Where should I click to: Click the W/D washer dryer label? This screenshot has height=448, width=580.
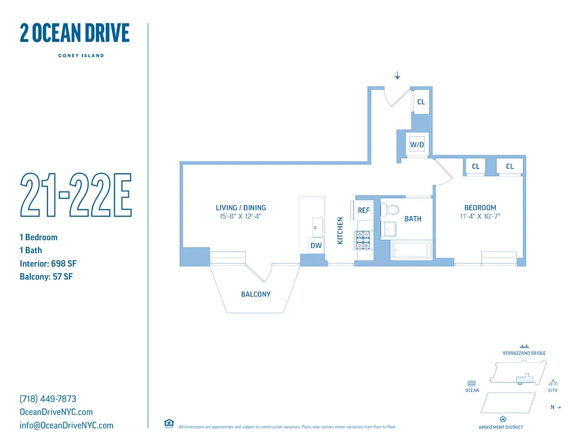(417, 145)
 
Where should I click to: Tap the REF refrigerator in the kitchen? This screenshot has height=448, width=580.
(364, 211)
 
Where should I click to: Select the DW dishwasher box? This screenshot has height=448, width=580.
(316, 245)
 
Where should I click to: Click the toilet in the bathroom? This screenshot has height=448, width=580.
(392, 211)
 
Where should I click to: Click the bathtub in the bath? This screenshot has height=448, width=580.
(411, 250)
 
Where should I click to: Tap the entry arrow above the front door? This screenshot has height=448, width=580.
(397, 76)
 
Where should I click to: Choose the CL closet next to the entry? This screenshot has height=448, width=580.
(421, 102)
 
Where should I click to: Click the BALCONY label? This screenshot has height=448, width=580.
(256, 294)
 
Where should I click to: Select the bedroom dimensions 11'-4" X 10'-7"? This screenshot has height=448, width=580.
(480, 216)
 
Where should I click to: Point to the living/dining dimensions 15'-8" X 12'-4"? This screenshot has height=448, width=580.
(241, 216)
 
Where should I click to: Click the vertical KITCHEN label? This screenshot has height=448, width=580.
(340, 231)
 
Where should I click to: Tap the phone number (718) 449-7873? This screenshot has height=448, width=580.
(48, 399)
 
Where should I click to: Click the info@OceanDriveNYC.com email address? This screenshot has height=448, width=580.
(66, 425)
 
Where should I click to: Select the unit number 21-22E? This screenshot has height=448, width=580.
(76, 195)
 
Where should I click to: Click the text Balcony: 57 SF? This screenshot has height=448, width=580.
(46, 277)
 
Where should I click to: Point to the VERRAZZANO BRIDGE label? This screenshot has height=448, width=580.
(524, 353)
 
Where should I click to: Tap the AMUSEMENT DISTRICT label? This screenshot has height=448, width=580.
(501, 427)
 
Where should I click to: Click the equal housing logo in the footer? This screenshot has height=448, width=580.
(169, 424)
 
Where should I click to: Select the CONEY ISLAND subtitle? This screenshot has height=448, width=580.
(81, 55)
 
